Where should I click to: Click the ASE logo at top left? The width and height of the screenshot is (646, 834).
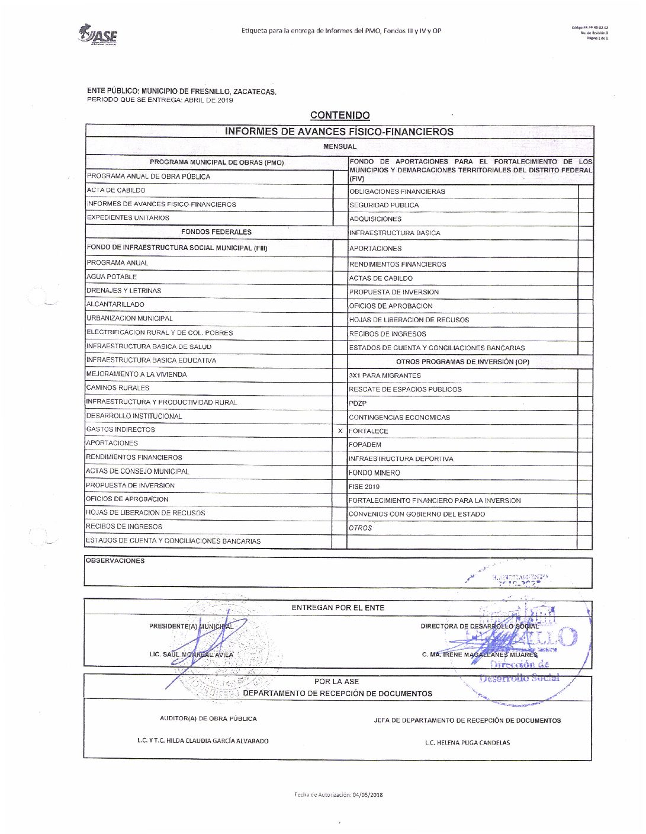[x=98, y=34]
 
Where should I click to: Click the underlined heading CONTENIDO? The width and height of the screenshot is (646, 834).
[x=340, y=116]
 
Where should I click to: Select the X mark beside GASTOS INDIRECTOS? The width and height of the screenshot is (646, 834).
[x=340, y=431]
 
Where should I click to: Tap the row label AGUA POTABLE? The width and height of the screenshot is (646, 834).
[x=112, y=277]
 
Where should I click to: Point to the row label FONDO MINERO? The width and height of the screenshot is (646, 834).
[x=374, y=473]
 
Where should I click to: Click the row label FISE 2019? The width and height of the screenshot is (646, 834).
[x=364, y=487]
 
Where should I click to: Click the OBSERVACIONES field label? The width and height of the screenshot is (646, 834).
[x=115, y=561]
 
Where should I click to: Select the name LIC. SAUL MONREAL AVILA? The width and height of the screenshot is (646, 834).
[x=191, y=655]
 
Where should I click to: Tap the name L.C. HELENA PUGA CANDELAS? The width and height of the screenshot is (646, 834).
[x=467, y=742]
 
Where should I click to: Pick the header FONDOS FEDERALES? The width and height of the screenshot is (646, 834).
[x=216, y=232]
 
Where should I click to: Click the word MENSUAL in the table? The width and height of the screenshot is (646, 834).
[x=340, y=146]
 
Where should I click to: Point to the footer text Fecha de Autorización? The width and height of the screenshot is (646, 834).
[x=338, y=794]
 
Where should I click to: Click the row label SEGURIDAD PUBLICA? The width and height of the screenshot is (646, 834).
[x=384, y=205]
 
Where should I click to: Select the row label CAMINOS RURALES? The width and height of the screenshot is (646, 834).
[x=118, y=388]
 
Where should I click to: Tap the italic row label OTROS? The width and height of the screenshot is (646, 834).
[x=361, y=528]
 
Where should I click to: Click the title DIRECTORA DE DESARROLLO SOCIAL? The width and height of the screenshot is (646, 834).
[x=480, y=626]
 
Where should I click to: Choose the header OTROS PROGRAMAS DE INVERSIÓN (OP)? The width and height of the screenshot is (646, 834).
[x=462, y=361]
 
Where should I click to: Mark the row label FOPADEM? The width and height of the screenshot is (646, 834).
[x=365, y=445]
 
